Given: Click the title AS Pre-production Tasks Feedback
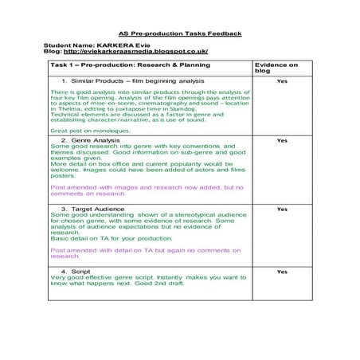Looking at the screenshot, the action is [x=179, y=33].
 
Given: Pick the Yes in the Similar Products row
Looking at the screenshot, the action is [x=281, y=81].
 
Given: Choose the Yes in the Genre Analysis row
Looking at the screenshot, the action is [x=281, y=140].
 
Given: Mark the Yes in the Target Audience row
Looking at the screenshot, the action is [x=281, y=209].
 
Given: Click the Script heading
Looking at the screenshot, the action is [x=80, y=271].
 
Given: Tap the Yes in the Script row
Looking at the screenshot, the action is [x=281, y=271].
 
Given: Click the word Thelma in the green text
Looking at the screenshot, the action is [x=71, y=111].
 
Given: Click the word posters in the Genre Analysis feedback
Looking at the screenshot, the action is [x=63, y=175].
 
